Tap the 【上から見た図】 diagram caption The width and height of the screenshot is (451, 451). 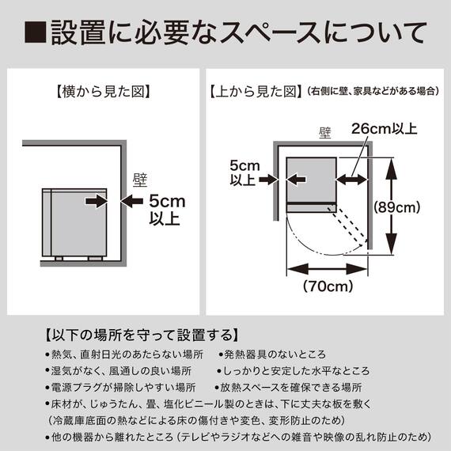(255, 91)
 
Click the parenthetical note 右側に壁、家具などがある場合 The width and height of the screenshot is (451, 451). (371, 92)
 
